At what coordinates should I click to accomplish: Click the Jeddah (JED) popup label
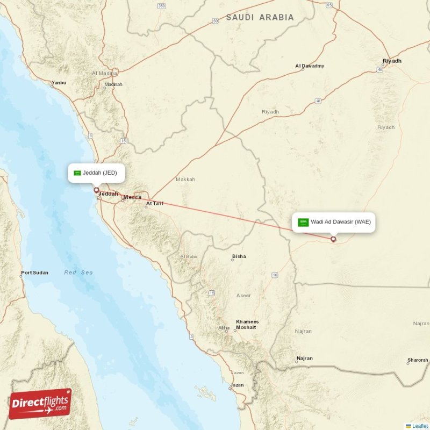coord(96,173)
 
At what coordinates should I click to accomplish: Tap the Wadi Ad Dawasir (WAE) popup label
coord(334,221)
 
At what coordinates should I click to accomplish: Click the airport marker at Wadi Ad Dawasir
coord(333,239)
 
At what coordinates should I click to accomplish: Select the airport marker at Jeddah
coord(96,190)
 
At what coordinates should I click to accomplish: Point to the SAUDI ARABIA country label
coord(260,18)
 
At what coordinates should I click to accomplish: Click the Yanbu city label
coord(59,83)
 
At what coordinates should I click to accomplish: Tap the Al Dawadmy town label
coord(310,66)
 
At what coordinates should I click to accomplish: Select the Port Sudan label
coord(34,273)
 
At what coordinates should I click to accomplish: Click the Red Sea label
coord(78,273)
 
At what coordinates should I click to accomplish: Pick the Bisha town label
coord(239,256)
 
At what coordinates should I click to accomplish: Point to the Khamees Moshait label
coord(247,324)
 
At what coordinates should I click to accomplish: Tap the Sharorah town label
coord(418,360)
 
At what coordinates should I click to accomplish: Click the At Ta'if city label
coord(154,203)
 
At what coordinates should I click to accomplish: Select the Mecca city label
coord(132,197)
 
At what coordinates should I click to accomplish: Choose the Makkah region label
coord(185,179)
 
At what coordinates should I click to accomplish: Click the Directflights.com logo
coord(40,404)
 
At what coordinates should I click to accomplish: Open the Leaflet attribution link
coord(420,426)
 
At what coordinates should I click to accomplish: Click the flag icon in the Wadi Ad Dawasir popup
coord(304,221)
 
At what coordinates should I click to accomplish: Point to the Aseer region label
coord(243,296)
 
